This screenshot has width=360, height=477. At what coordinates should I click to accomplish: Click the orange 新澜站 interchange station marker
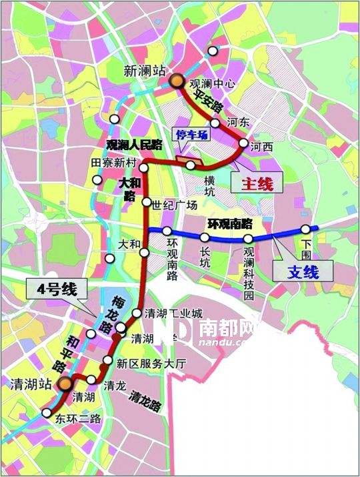pos(177,81)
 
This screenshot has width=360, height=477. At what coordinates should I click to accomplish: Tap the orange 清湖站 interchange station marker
pos(65,383)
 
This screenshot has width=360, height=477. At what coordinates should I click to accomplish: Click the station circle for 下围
pos(306,230)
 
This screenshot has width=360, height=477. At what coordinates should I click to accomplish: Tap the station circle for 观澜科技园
pos(248,238)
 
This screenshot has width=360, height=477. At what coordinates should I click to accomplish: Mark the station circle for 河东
pos(215,123)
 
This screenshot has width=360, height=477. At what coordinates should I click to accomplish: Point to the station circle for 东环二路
pos(46,413)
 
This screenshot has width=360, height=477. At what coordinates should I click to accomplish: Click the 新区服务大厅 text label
pos(150,364)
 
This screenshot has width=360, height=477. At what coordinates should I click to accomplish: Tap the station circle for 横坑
pos(191,165)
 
